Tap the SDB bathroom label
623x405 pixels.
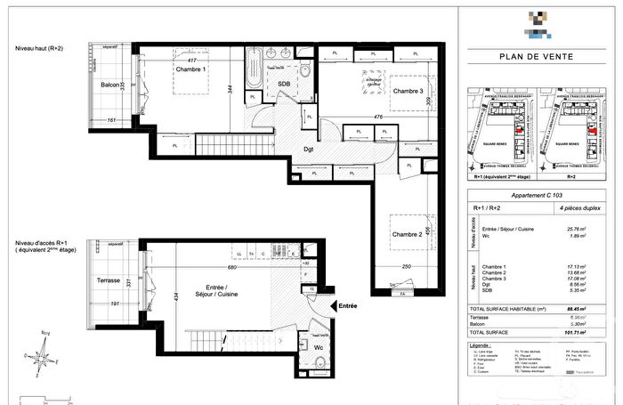tap(284, 84)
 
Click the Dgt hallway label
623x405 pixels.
tap(309, 149)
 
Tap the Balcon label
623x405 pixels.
tap(110, 85)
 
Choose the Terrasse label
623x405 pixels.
tap(108, 280)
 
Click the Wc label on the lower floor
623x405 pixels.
tap(318, 347)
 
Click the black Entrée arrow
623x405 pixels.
tap(333, 307)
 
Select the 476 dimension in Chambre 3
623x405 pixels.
tap(377, 117)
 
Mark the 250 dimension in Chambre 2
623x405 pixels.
tap(407, 267)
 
